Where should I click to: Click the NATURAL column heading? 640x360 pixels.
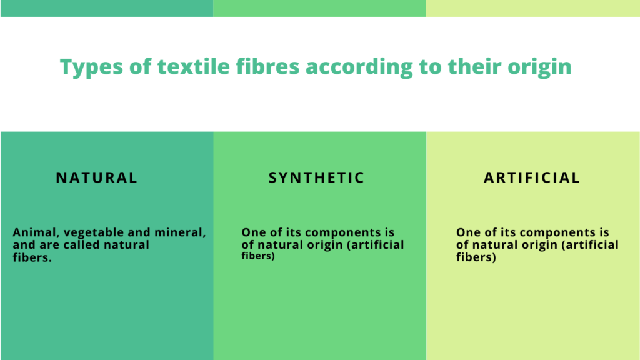[x=97, y=177]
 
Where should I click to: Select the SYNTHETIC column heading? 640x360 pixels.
[x=316, y=177]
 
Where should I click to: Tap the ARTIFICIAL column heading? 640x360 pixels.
[x=532, y=177]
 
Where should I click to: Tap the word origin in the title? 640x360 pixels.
[x=539, y=67]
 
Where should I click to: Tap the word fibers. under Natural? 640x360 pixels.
[x=31, y=257]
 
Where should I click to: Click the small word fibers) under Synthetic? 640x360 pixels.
[x=258, y=256]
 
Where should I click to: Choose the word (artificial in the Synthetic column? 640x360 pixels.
[x=374, y=244]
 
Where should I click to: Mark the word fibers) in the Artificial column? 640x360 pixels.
[x=476, y=257]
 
